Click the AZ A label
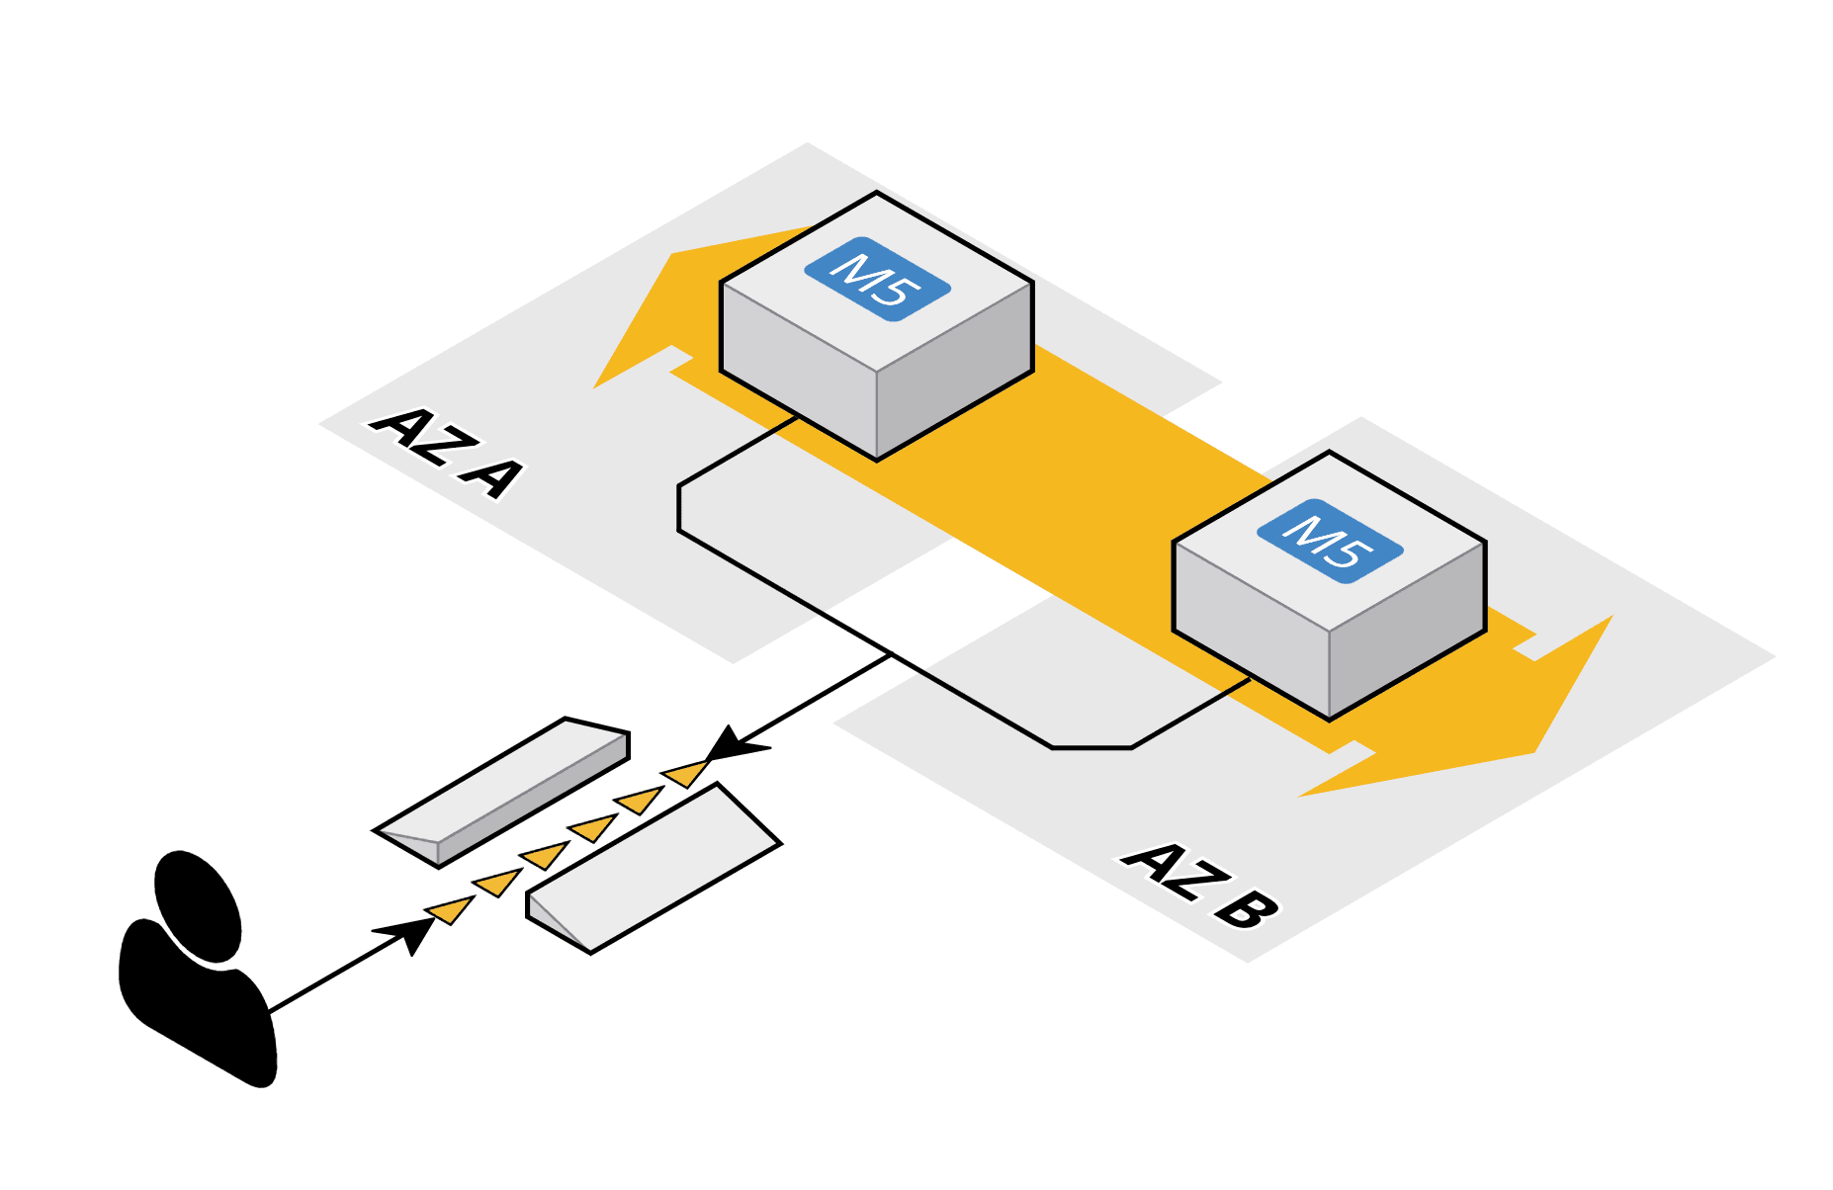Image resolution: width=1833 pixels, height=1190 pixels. coord(446,451)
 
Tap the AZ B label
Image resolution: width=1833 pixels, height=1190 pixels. coord(1200,886)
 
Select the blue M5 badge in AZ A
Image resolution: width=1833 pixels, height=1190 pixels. coord(877,279)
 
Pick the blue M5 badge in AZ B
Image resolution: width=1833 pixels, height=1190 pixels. coord(1330,541)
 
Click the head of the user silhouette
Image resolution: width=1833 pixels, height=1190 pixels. coord(199,904)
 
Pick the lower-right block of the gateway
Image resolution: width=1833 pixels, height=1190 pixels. coord(653,870)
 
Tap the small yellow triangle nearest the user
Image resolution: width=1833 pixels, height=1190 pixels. coord(450,908)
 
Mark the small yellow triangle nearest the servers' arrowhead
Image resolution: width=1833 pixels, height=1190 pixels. coord(685,772)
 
